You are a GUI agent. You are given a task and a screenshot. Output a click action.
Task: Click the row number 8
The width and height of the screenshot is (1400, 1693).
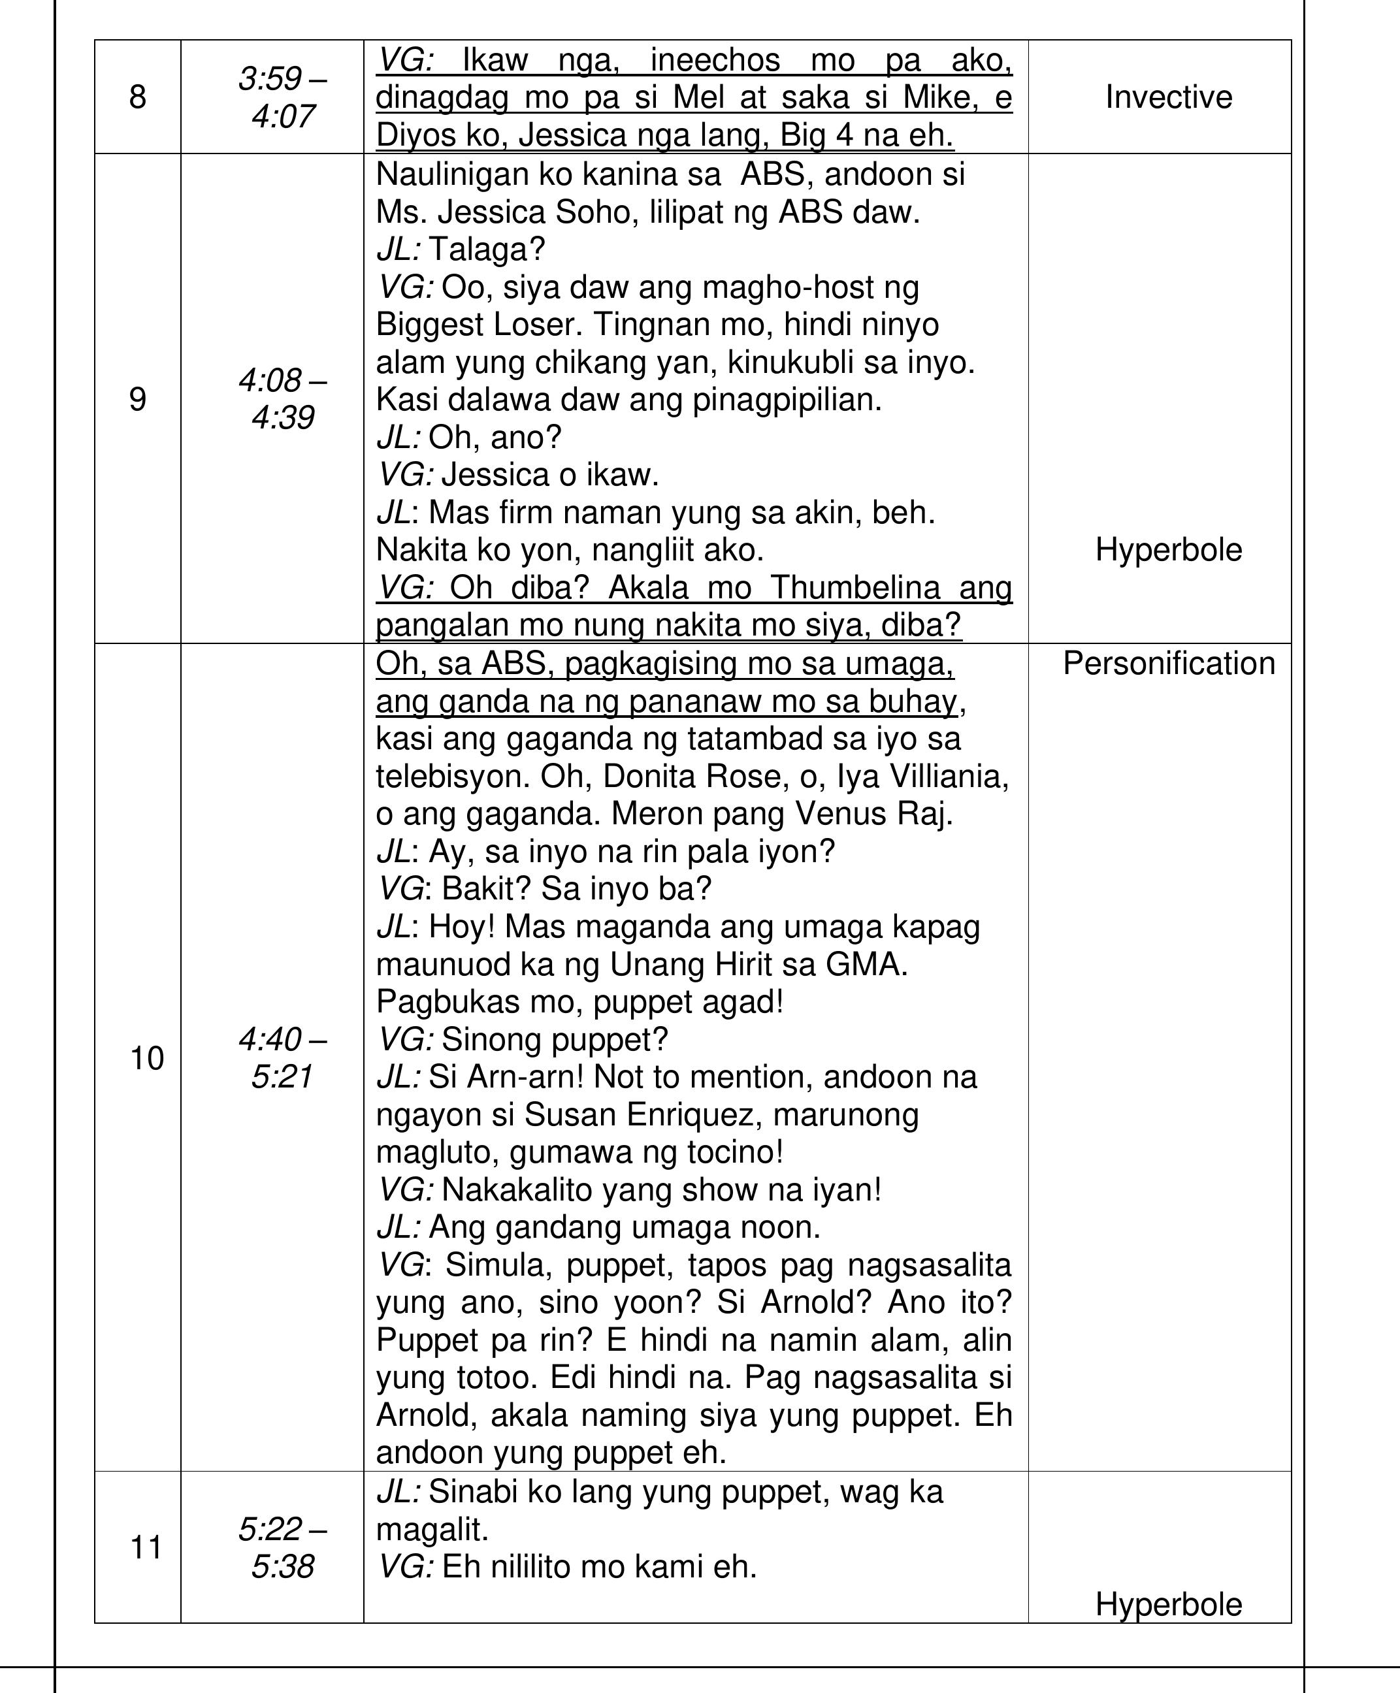(138, 97)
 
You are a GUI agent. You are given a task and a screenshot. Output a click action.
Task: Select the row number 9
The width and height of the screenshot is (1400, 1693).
(138, 400)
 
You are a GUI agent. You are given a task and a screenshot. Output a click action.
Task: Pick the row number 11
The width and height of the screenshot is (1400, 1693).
(147, 1548)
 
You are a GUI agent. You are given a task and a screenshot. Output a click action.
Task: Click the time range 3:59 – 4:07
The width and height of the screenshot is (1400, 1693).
(282, 97)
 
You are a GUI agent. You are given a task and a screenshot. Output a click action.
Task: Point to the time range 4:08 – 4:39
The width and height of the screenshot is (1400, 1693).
(282, 399)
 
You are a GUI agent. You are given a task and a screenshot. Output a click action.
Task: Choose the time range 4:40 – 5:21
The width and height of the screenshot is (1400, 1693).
(282, 1057)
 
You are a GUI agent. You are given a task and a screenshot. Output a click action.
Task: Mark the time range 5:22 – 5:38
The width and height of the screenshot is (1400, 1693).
(282, 1548)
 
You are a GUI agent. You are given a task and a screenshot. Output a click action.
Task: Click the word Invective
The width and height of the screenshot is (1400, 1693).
(1169, 97)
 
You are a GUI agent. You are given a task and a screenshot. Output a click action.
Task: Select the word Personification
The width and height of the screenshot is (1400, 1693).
(1169, 664)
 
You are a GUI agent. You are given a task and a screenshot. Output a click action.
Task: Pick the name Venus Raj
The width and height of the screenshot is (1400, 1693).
(874, 813)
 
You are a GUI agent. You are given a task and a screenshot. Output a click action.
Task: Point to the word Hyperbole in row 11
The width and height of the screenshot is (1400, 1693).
(1169, 1604)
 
